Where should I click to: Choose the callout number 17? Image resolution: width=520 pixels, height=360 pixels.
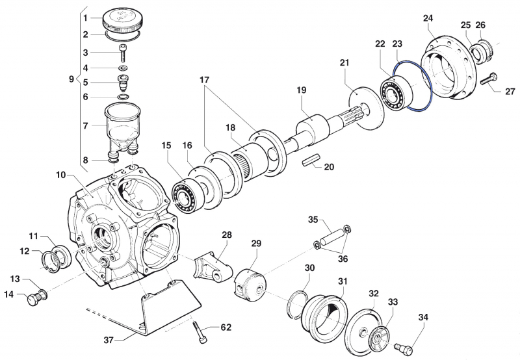[205, 80]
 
